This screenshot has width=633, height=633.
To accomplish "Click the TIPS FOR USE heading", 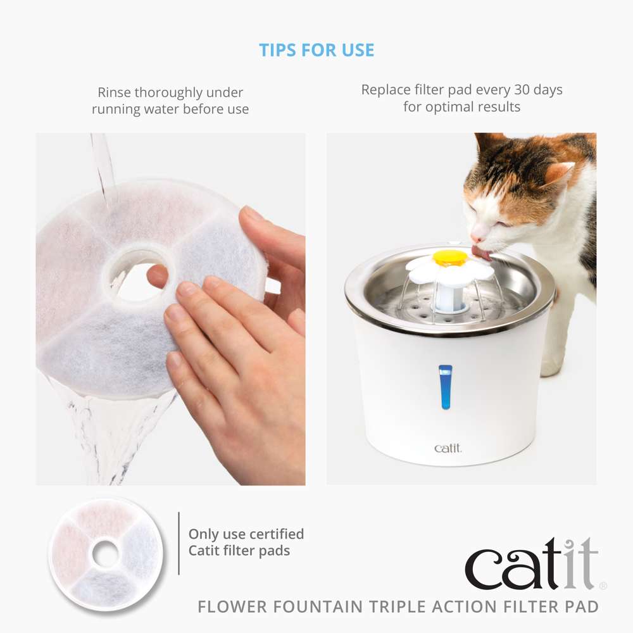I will coord(316,50).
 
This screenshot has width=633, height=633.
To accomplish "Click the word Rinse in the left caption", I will coord(114,92).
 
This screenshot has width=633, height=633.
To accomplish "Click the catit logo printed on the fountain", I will coord(448,448).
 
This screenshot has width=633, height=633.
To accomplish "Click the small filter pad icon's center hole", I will coord(105,554).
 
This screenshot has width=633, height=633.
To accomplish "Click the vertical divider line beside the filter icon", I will coord(179,543).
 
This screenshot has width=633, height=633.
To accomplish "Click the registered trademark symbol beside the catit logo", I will coord(603,586).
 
